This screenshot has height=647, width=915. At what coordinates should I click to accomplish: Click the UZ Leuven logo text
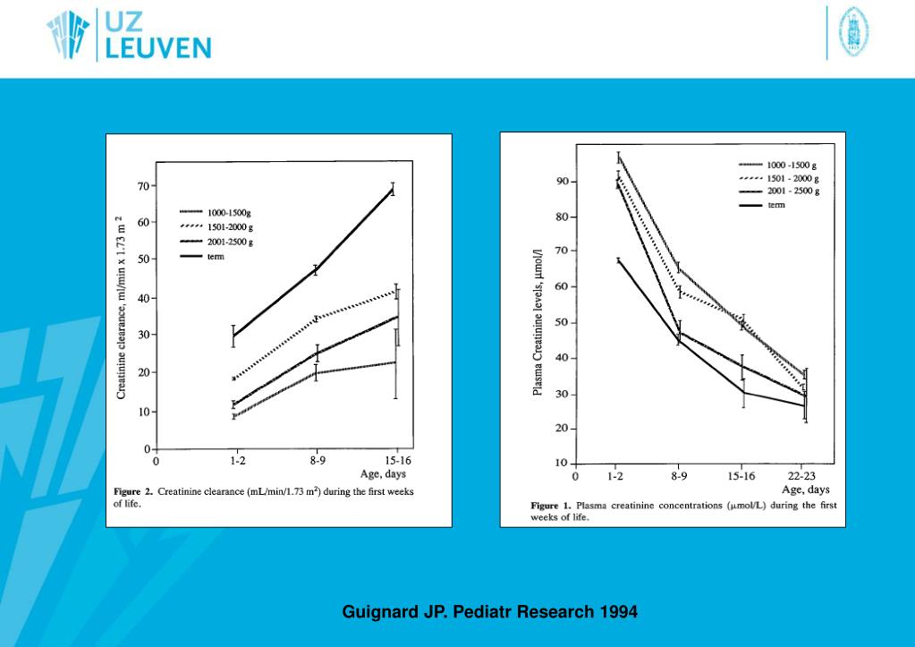pyautogui.click(x=157, y=35)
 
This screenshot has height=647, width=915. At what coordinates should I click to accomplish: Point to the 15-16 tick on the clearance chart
pyautogui.click(x=398, y=462)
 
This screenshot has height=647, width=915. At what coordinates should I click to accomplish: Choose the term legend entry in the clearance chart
pyautogui.click(x=216, y=257)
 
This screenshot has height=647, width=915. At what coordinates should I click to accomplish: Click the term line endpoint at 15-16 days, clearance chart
pyautogui.click(x=393, y=189)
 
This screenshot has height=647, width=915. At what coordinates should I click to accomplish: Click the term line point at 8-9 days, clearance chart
pyautogui.click(x=316, y=269)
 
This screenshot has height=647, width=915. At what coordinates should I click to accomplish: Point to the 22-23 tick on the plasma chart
pyautogui.click(x=801, y=477)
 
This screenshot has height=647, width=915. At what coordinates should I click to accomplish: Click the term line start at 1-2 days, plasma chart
pyautogui.click(x=617, y=260)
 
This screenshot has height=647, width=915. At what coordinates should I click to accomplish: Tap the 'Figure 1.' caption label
pyautogui.click(x=550, y=506)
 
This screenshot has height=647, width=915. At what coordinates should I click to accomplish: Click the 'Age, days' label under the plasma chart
pyautogui.click(x=805, y=490)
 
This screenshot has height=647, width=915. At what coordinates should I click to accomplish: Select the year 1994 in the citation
pyautogui.click(x=617, y=613)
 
